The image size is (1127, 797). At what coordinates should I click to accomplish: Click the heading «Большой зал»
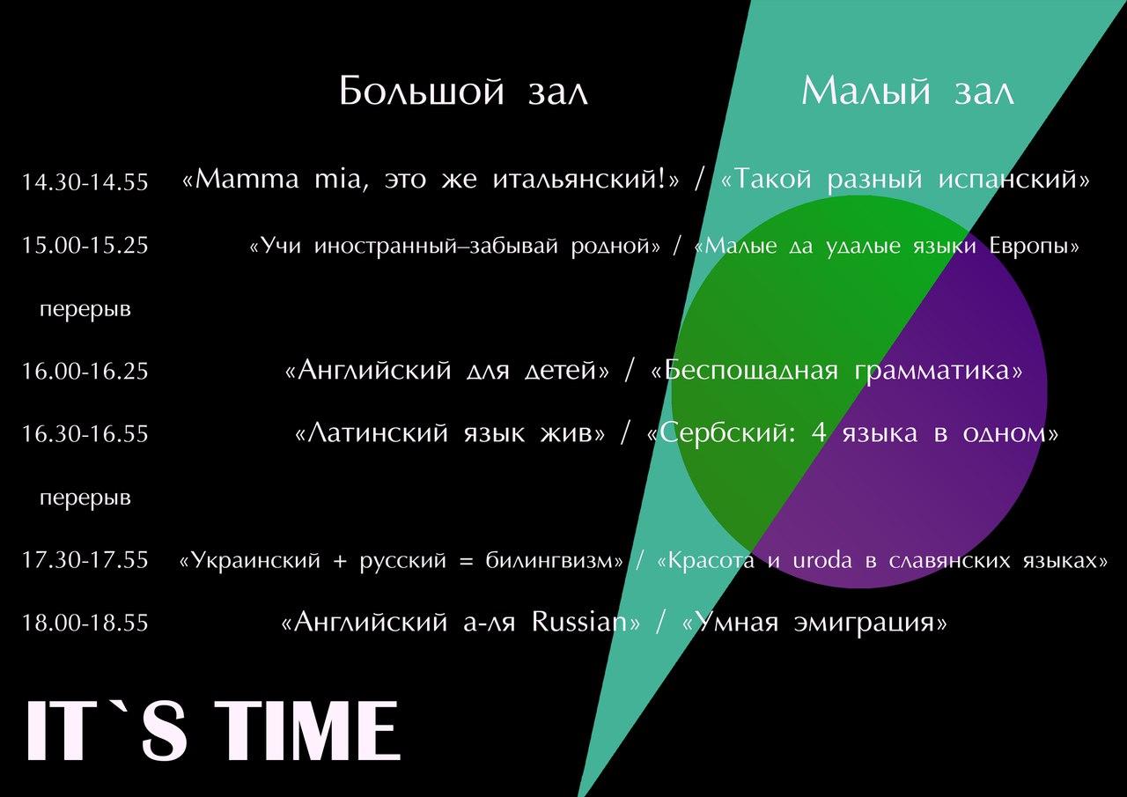[463, 91]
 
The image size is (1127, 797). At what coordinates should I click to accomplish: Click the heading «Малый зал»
[908, 91]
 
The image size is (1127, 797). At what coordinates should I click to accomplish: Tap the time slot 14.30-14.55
[85, 182]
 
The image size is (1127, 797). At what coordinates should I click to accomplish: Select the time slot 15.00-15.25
[85, 246]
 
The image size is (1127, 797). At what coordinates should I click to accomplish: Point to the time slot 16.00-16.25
[85, 372]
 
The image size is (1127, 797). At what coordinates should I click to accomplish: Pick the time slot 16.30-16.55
[85, 433]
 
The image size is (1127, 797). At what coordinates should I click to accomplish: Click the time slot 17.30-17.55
[85, 560]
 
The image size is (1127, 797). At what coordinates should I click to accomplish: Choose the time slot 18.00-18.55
[85, 623]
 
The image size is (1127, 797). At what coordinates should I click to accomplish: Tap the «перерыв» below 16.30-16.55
[85, 498]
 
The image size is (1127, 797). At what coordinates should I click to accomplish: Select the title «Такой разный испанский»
[905, 180]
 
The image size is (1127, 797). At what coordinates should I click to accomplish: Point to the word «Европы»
[1028, 246]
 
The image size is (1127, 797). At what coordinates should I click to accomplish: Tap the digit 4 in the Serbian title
[819, 432]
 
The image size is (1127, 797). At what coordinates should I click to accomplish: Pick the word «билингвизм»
[549, 560]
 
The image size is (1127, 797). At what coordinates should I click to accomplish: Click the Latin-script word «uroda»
[822, 560]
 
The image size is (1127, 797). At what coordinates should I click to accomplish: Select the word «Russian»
[579, 623]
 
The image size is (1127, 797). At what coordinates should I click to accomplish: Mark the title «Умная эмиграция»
[814, 623]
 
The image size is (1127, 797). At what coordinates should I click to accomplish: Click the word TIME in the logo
[308, 731]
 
